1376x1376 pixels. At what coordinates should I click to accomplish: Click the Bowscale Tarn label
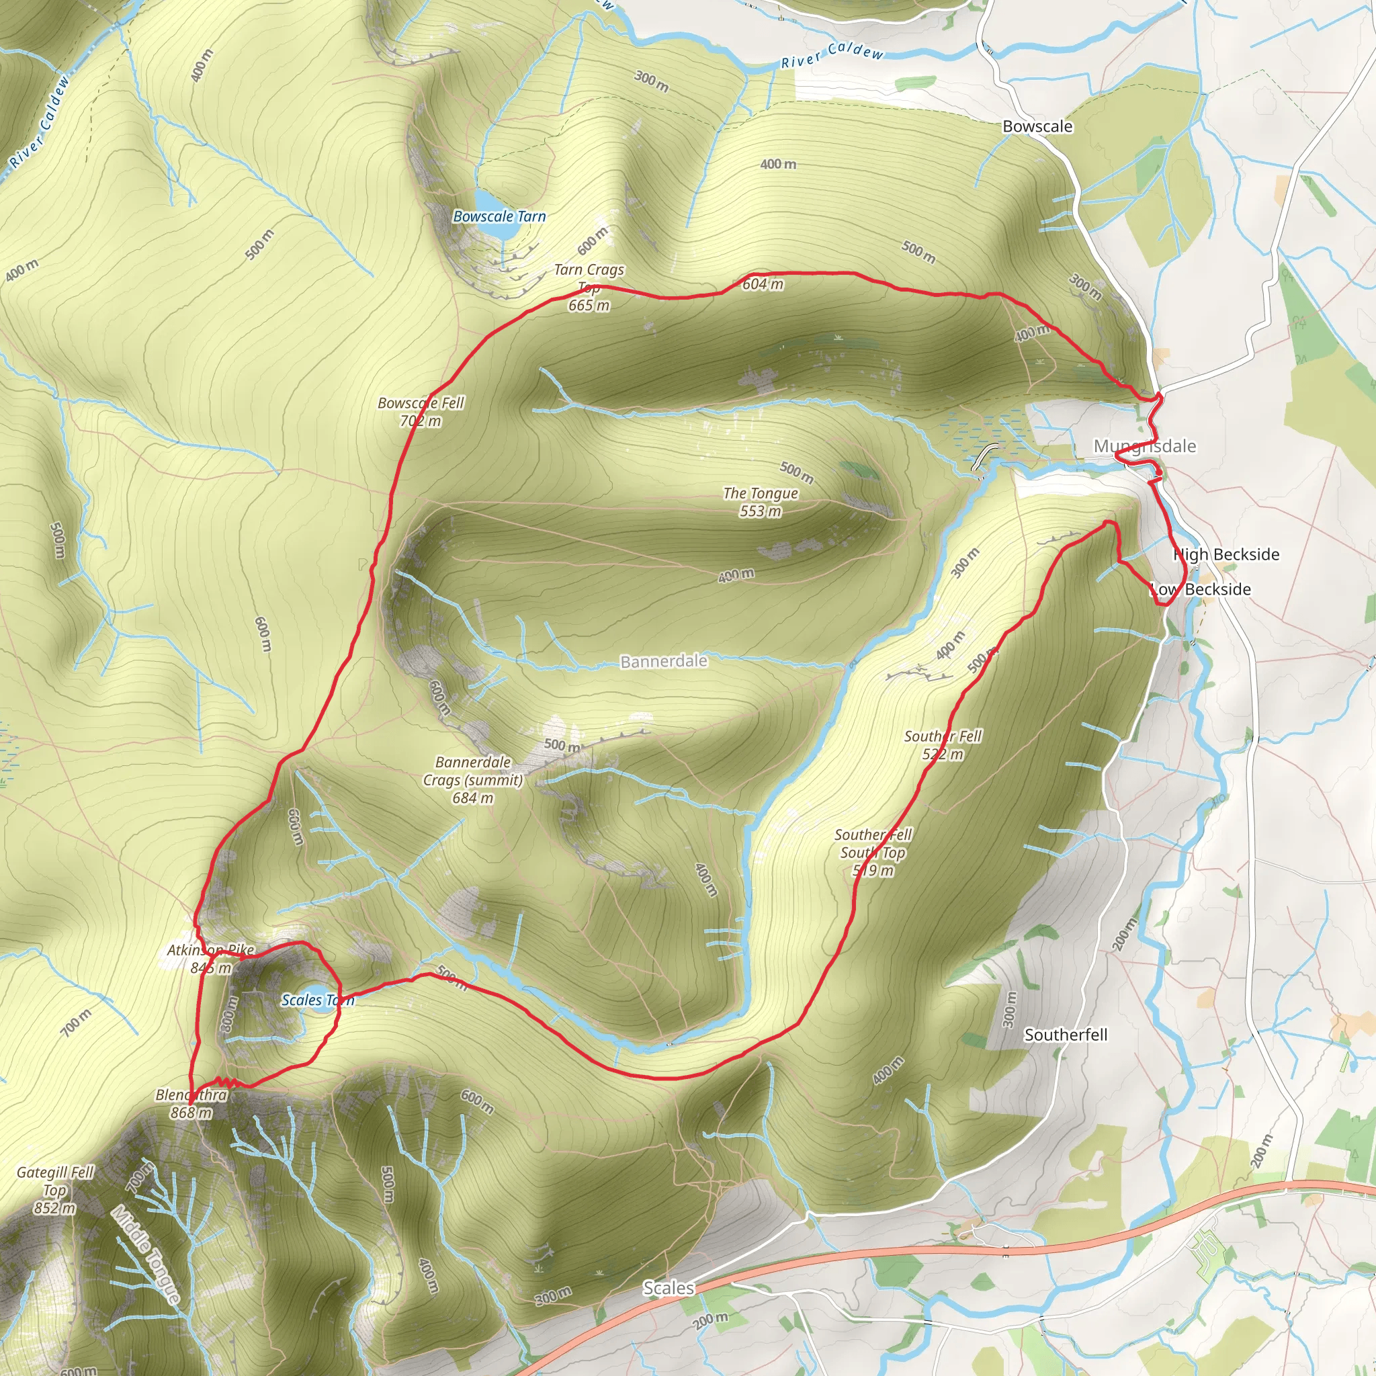499,216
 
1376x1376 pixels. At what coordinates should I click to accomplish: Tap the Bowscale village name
1037,127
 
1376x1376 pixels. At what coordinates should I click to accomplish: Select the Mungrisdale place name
1144,447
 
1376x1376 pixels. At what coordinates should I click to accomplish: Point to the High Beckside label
1225,554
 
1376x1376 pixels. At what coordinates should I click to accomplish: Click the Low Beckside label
1201,589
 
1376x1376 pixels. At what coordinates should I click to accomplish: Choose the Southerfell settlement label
1066,1034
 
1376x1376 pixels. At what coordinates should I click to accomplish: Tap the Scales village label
668,1288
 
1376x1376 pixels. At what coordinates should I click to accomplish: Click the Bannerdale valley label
664,661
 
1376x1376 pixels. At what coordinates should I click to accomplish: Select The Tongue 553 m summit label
760,502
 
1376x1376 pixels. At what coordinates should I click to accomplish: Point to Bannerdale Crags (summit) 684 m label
473,780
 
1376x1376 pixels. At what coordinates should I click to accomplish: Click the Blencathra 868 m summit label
191,1103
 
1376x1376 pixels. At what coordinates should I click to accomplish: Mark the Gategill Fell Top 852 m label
55,1189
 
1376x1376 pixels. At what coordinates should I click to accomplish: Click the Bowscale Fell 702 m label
420,412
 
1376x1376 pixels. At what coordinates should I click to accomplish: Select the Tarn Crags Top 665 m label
589,287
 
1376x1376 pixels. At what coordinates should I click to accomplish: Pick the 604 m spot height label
762,284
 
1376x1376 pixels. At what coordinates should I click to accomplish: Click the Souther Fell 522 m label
942,745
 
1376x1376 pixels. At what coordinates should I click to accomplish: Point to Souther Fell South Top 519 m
873,852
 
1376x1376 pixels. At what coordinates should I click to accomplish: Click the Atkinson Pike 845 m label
211,959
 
